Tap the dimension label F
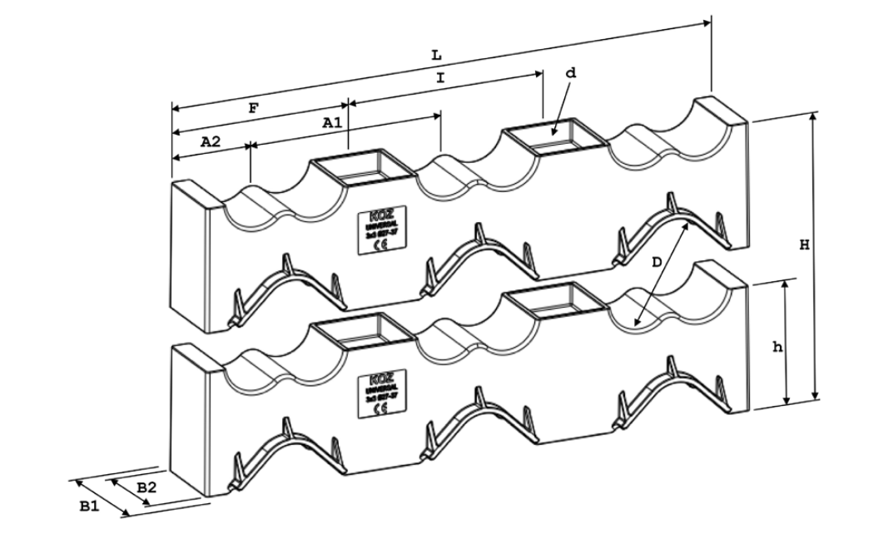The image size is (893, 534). point(253,107)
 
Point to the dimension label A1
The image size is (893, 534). point(332,121)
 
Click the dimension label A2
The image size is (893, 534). point(211,141)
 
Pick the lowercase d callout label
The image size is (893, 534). point(570,73)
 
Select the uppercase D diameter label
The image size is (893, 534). point(657,262)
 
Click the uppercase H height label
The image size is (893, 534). point(803,245)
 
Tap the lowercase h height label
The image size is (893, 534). point(777,348)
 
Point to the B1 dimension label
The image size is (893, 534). point(89,505)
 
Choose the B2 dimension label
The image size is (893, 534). point(146,487)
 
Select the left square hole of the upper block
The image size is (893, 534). point(363,171)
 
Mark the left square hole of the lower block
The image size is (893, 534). point(363,333)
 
